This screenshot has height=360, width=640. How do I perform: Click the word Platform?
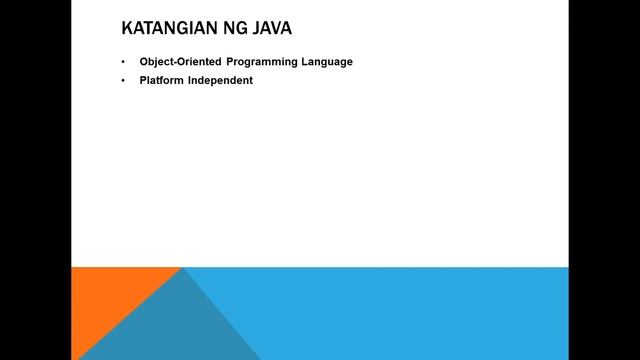(161, 80)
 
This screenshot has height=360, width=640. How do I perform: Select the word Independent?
(220, 80)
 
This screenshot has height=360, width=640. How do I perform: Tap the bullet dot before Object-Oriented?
(123, 62)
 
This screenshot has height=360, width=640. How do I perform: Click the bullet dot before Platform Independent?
(123, 80)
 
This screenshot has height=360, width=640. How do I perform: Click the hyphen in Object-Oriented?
(175, 62)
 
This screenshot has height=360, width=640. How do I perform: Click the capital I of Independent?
(190, 80)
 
